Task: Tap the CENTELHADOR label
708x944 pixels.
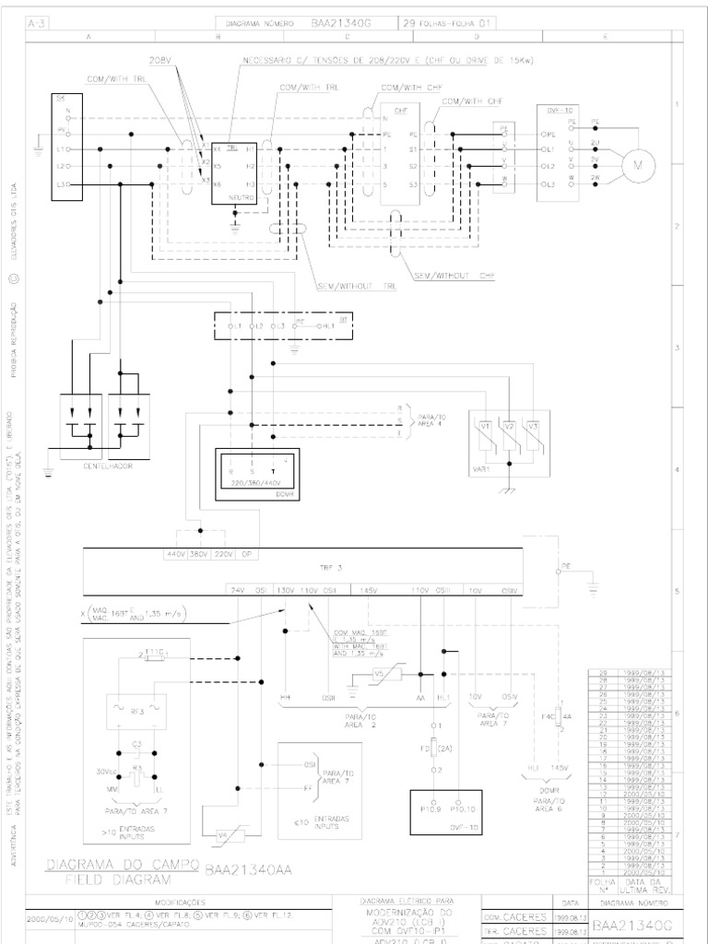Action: [107, 466]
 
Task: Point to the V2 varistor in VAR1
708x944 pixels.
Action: [509, 427]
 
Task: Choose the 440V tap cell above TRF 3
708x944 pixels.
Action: [175, 555]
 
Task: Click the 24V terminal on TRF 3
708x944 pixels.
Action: [237, 589]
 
